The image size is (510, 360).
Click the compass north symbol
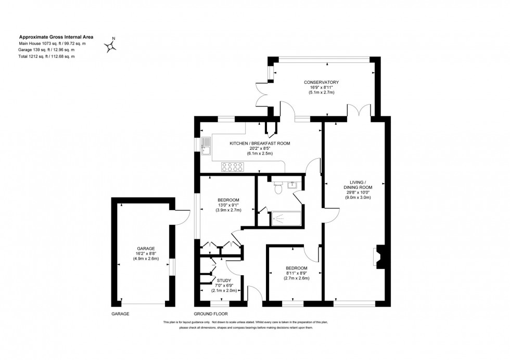[x=111, y=46]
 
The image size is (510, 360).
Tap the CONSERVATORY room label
[x=322, y=82]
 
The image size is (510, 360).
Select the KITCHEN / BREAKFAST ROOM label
[x=260, y=143]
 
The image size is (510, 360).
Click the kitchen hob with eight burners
[x=233, y=167]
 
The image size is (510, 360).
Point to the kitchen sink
[x=206, y=147]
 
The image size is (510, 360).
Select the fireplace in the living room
[x=378, y=256]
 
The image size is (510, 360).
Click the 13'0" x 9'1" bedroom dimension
[x=228, y=205]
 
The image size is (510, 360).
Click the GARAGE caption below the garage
[x=120, y=314]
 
